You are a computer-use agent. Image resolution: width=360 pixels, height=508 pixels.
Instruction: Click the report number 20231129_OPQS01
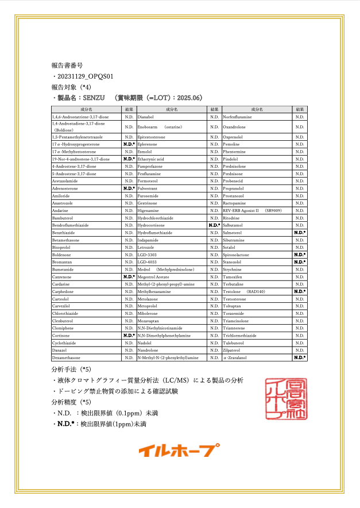(x=87, y=76)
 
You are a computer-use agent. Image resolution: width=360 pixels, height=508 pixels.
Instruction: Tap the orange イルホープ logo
(x=179, y=451)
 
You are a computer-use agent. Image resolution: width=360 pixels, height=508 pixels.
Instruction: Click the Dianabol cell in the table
(x=149, y=117)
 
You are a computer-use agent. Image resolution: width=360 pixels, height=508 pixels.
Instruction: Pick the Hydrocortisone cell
(x=152, y=225)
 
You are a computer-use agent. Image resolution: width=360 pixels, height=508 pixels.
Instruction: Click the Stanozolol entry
(x=232, y=261)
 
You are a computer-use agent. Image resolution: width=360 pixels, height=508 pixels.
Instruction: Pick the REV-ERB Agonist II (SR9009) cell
(x=252, y=210)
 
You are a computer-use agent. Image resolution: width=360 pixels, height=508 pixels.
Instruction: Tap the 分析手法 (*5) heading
(x=72, y=369)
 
